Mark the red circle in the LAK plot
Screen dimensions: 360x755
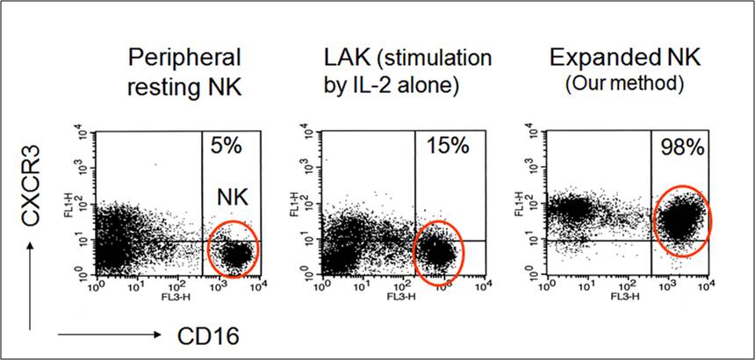438,253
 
